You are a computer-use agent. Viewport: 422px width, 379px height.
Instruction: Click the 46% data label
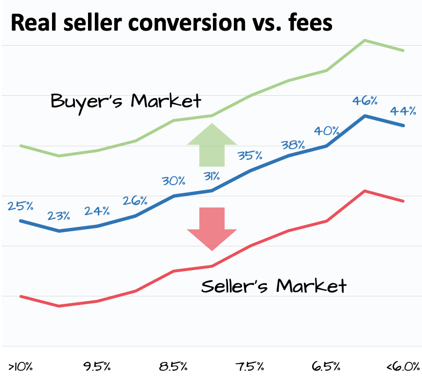(x=365, y=101)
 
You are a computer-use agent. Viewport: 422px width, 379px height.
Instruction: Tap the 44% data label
(x=403, y=111)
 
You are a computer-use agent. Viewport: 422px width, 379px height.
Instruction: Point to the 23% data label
(x=58, y=215)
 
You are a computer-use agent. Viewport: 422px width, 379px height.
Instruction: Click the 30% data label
(x=174, y=181)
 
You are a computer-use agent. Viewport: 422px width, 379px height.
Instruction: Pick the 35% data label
(x=250, y=155)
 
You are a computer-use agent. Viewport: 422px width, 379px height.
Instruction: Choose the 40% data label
(x=326, y=131)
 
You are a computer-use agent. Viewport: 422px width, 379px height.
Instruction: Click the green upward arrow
(x=211, y=145)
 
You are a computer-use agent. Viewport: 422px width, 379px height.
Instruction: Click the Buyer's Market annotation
(x=126, y=101)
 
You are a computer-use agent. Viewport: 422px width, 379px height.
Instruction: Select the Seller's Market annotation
(x=274, y=286)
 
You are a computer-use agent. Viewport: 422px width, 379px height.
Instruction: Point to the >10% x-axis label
(x=20, y=366)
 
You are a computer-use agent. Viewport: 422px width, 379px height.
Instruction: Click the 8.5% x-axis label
(x=174, y=366)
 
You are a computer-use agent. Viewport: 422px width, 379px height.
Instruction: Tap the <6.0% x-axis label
(x=403, y=366)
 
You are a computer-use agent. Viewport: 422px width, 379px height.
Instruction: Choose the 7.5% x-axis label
(x=250, y=366)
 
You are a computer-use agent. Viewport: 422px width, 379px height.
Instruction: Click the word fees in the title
(x=310, y=23)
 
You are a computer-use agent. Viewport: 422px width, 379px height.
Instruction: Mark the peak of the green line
(x=365, y=40)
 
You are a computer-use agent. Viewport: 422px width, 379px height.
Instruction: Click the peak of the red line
(x=365, y=191)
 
